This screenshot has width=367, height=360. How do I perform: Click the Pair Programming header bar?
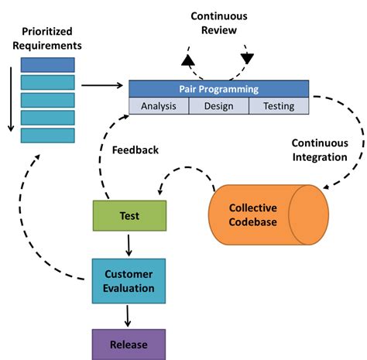218,89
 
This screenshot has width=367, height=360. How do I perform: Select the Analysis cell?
158,106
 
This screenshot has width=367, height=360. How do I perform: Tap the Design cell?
218,106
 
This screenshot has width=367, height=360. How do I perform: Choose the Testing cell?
279,106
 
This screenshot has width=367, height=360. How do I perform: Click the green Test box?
129,215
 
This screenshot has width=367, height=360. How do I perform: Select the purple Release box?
129,343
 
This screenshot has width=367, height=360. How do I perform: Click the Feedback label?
135,149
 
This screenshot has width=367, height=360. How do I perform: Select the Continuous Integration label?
319,150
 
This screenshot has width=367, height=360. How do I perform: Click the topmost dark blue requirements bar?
48,64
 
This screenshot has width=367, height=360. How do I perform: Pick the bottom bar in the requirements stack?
48,135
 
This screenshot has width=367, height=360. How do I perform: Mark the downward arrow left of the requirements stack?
9,101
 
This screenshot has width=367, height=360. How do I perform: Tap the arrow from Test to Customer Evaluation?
129,244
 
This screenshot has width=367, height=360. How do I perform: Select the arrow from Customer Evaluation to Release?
129,313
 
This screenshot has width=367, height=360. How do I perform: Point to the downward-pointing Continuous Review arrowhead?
248,59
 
